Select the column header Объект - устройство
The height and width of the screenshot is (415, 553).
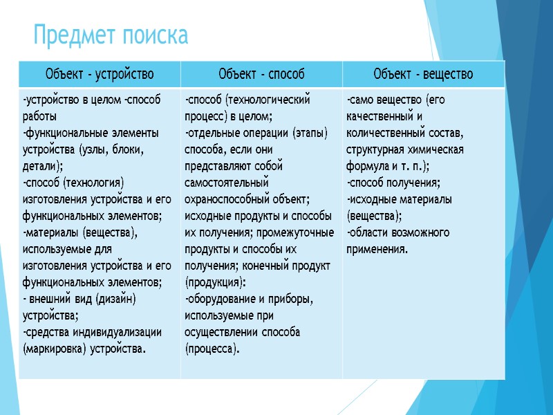click(x=100, y=74)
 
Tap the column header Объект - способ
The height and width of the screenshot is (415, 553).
click(x=261, y=74)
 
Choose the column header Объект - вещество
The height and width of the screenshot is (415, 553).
click(x=423, y=74)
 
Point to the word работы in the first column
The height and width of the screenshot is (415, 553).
click(x=39, y=116)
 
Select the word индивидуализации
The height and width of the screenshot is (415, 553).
click(x=118, y=332)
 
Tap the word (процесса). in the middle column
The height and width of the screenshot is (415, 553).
click(x=212, y=349)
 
